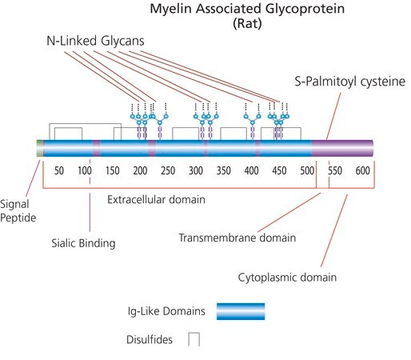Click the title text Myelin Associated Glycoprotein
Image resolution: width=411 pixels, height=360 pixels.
coord(247,9)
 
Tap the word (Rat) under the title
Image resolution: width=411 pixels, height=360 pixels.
coord(247,23)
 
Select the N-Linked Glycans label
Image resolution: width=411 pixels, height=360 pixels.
coord(95,41)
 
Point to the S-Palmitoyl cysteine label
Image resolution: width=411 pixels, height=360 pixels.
coord(349,82)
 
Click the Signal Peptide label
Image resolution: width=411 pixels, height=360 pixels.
coord(18,211)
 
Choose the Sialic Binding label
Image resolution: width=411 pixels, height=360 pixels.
coord(83,243)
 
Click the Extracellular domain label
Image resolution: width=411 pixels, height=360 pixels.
coord(156,199)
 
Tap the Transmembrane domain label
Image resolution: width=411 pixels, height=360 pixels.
coord(237,238)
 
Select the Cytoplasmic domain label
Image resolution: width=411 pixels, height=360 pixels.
coord(287,278)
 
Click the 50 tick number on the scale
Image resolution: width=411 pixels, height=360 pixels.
coord(59,170)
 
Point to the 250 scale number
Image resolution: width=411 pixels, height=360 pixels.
coord(168,170)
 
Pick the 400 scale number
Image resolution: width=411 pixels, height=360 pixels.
coord(251,170)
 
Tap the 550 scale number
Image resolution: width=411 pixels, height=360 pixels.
coord(335,170)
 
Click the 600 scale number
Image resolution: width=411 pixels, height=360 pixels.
coord(363,170)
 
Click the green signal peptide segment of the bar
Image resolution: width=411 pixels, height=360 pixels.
coord(40,148)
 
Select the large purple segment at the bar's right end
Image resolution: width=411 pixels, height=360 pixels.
coord(342,148)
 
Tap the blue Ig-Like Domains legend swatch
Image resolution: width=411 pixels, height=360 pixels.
coord(241,311)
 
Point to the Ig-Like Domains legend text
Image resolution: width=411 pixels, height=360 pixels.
coord(166,311)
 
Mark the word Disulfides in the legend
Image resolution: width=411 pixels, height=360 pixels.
coord(150,339)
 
